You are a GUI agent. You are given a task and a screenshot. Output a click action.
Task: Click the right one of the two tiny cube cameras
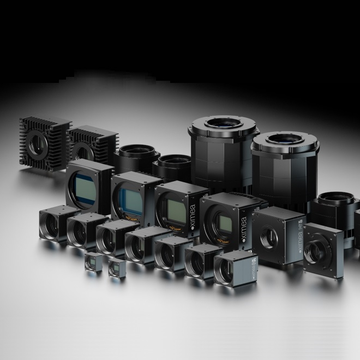tap(116, 268)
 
